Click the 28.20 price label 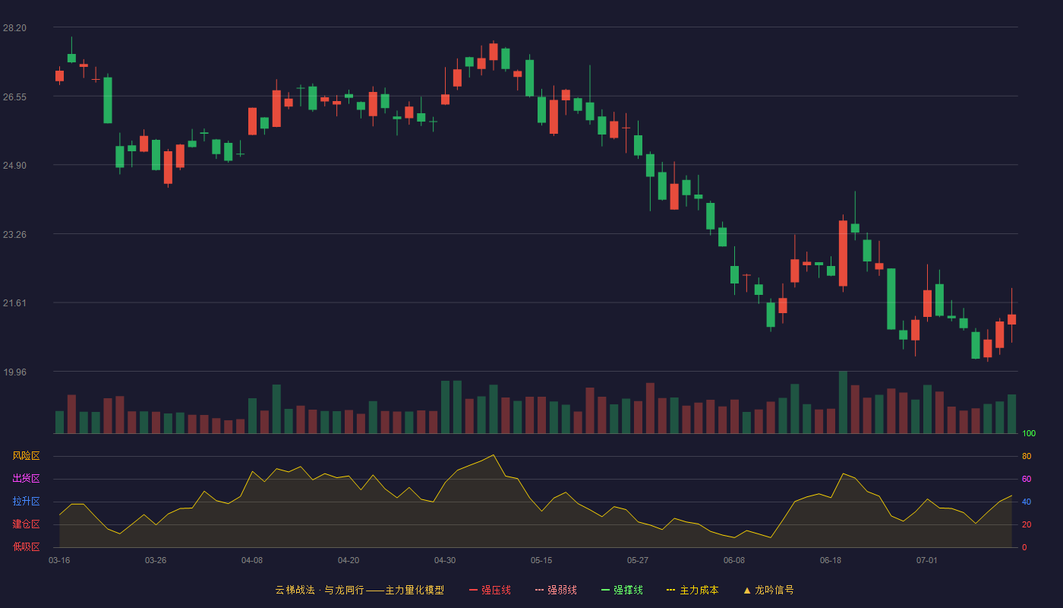14,28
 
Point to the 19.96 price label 14,372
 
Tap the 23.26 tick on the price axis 14,235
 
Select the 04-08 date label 252,561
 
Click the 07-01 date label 927,561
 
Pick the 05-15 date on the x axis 541,561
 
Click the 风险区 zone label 26,456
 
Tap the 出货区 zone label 26,478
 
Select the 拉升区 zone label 26,501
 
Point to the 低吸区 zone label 26,546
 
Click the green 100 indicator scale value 1029,433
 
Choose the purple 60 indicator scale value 1027,479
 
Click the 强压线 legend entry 490,590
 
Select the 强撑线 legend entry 622,590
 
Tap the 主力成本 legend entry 692,590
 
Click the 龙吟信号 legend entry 768,590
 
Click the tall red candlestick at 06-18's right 844,253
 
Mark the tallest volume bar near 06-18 844,402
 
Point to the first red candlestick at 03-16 59,76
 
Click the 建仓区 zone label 26,524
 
